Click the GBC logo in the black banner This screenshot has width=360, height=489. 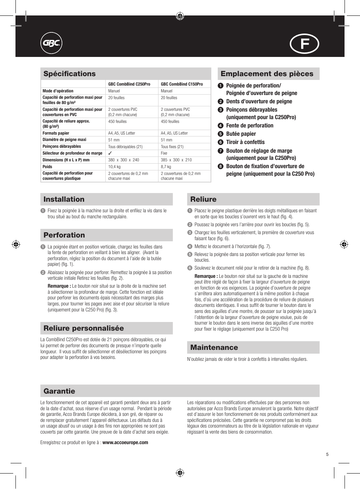tap(51, 43)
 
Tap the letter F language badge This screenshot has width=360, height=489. tap(304, 44)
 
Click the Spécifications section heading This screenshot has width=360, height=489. tap(69, 74)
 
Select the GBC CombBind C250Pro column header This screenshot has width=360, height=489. tap(129, 84)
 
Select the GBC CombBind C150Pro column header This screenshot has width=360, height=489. tap(182, 84)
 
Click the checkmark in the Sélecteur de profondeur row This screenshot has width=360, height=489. tap(110, 153)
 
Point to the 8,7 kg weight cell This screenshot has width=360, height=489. tap(166, 167)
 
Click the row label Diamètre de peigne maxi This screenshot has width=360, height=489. tap(64, 139)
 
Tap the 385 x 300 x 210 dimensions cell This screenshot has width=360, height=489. tap(176, 160)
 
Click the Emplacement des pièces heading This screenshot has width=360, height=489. tap(267, 74)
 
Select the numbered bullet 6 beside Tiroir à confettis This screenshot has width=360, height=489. tap(221, 142)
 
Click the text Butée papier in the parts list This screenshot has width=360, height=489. tap(241, 134)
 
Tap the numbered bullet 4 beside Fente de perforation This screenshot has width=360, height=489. tap(221, 126)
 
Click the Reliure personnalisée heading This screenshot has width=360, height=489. tap(83, 328)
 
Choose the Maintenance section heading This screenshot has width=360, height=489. tap(214, 348)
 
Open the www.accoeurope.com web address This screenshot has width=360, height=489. tap(125, 443)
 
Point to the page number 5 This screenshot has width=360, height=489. tap(327, 454)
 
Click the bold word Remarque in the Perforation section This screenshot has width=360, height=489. tap(58, 286)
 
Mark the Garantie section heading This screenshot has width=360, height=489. tap(59, 391)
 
